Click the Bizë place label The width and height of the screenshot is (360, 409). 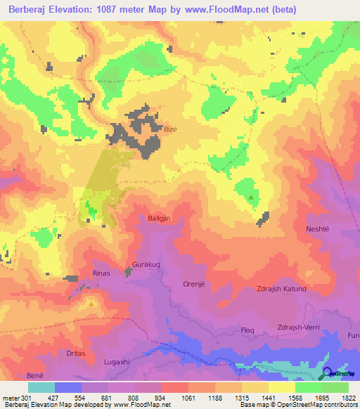coord(171,129)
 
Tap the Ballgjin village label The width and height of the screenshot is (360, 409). coord(160,219)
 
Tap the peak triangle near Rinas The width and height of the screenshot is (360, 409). coord(91,304)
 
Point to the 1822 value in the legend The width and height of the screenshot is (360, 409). coord(349,398)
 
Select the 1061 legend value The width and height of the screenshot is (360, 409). coord(188,398)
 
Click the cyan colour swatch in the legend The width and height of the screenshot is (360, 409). coord(41,387)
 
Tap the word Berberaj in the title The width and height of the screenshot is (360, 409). coord(32,10)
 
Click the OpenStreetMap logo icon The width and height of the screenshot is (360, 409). coord(327,372)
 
